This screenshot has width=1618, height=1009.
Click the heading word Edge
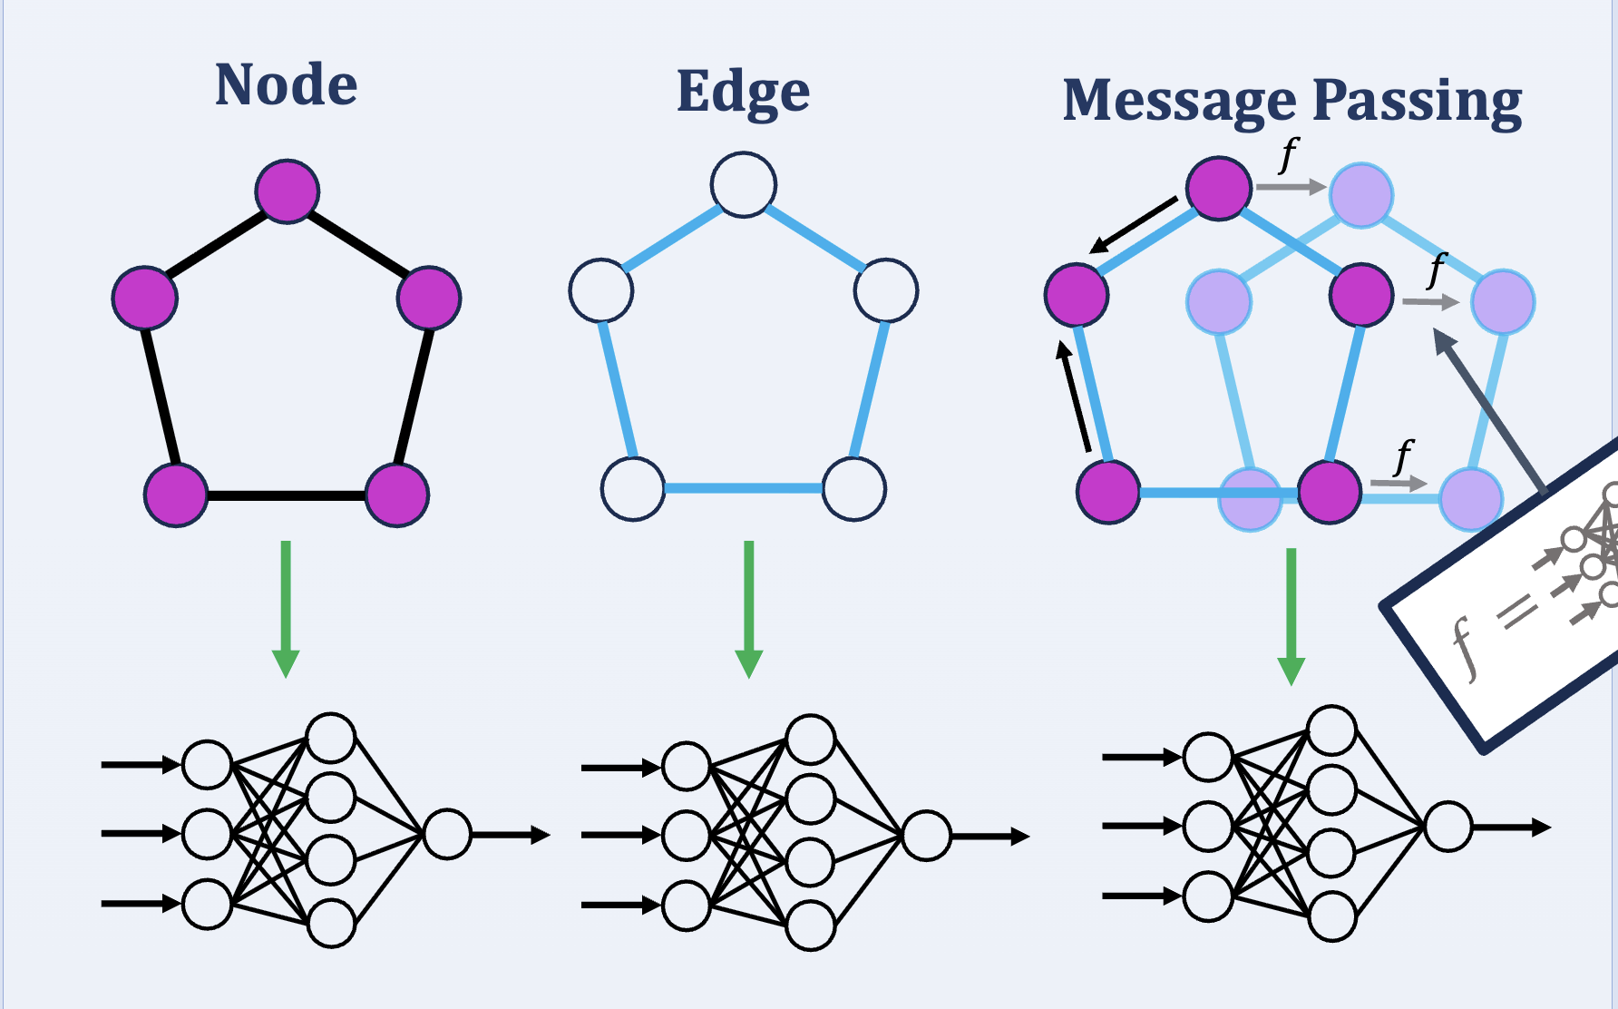click(x=743, y=92)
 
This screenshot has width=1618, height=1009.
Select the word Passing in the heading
click(x=1417, y=102)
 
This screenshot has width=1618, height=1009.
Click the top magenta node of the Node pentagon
click(x=288, y=191)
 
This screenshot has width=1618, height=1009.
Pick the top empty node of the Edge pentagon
click(x=744, y=185)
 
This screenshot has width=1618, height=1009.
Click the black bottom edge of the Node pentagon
click(x=287, y=495)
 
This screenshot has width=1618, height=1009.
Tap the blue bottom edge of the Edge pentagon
click(x=744, y=489)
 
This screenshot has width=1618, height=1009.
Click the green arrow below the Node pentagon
click(x=286, y=608)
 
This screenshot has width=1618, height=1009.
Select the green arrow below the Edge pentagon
click(x=748, y=608)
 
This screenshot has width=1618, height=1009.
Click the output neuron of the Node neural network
click(x=447, y=834)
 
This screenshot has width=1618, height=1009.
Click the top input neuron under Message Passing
click(x=1208, y=757)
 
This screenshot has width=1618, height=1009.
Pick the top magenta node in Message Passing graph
click(x=1219, y=188)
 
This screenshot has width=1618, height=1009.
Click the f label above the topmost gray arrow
click(x=1289, y=154)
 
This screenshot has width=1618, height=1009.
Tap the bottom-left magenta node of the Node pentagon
click(x=176, y=495)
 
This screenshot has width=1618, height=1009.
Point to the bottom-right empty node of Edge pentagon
click(x=854, y=489)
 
